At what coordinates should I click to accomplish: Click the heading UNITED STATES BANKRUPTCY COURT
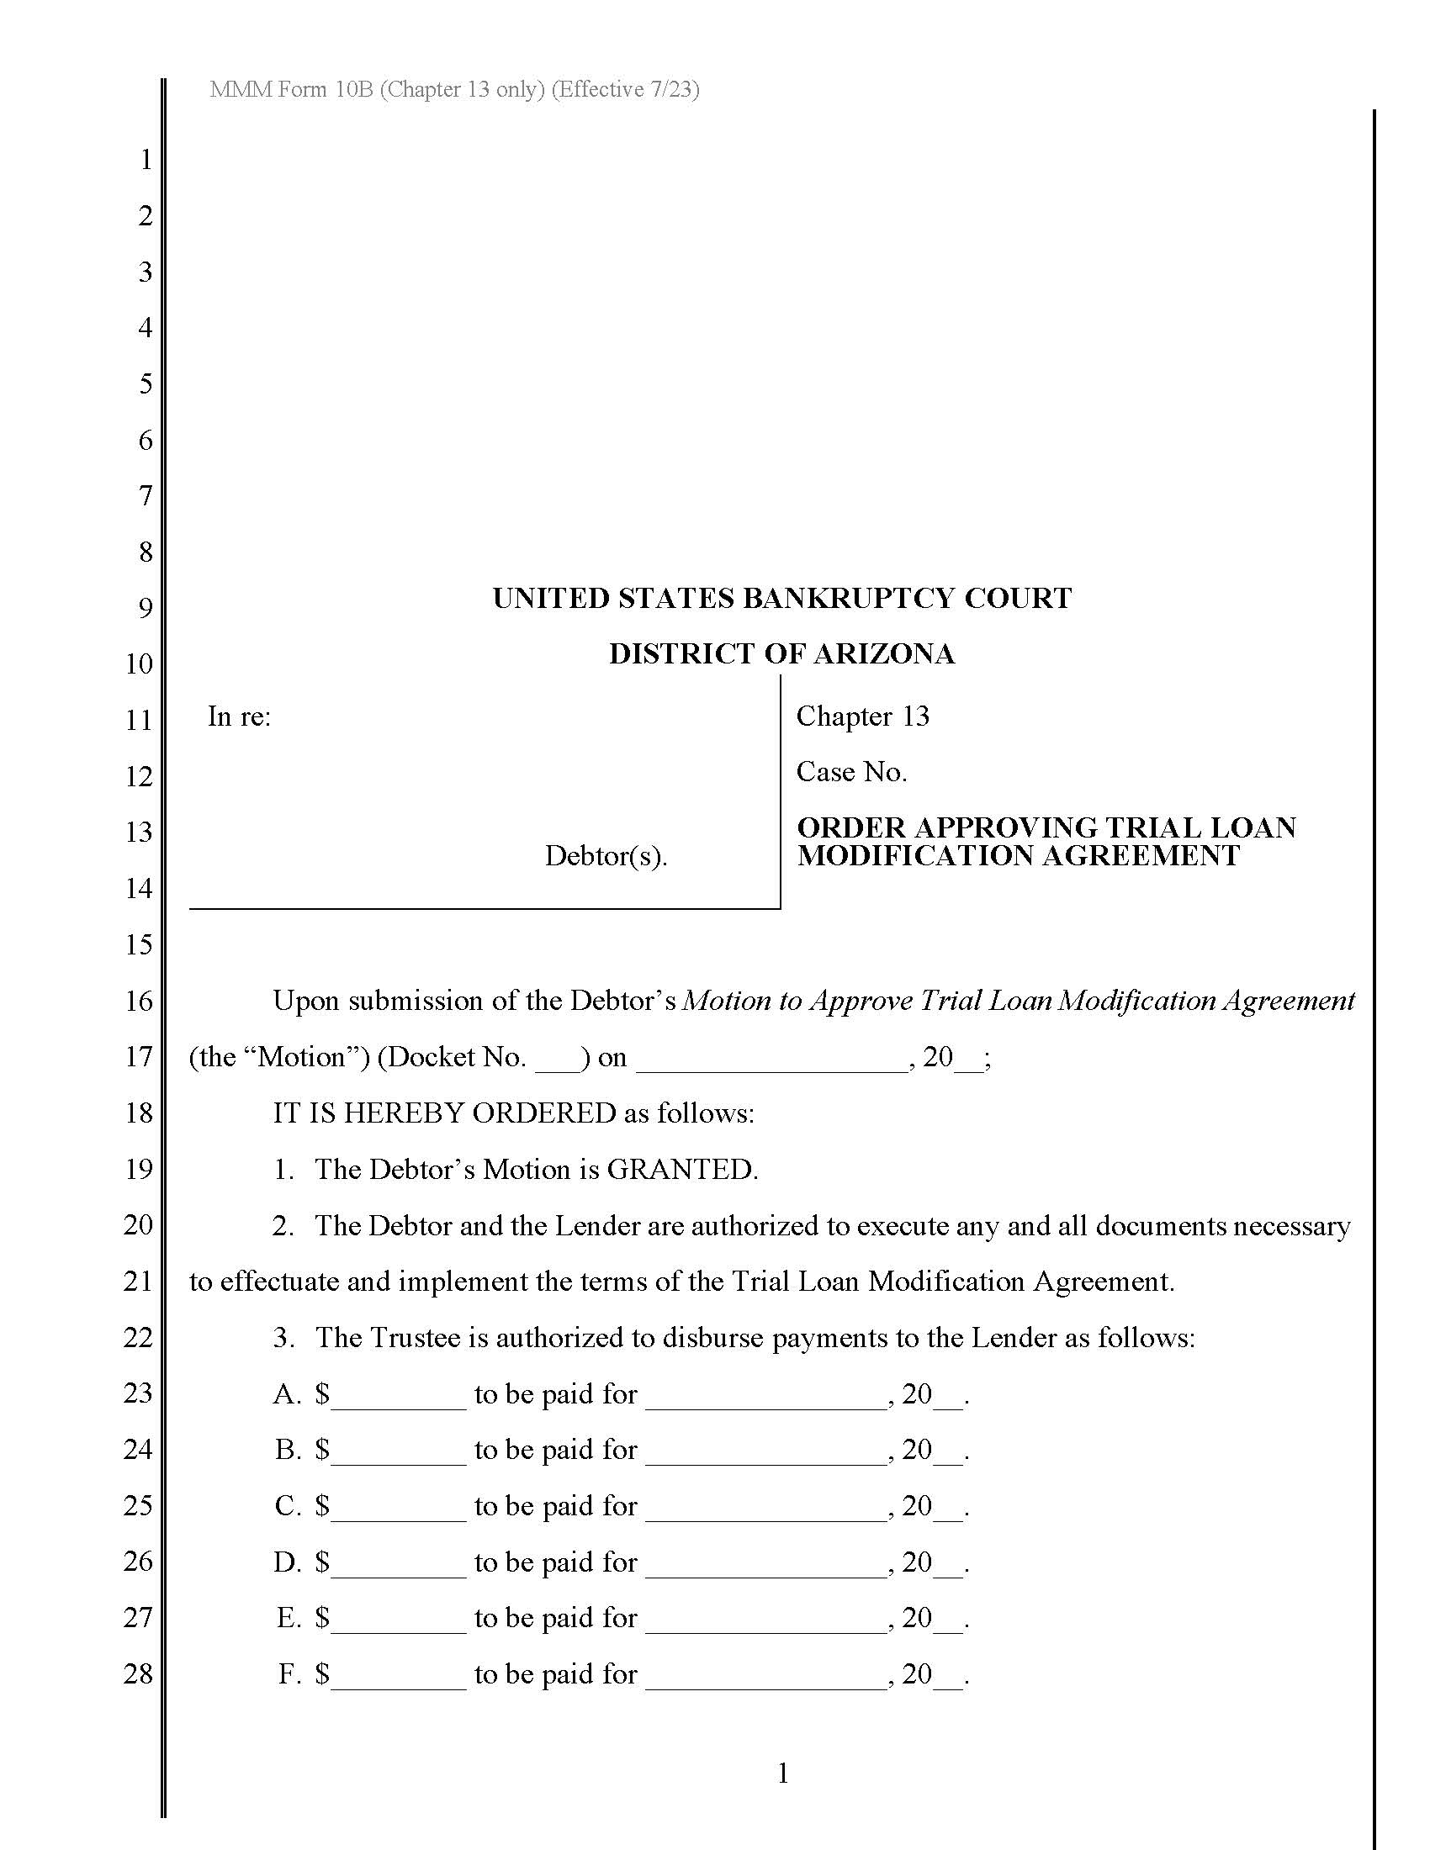coord(781,598)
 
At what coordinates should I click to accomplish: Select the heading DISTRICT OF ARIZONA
coord(781,654)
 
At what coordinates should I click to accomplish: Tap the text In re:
coord(239,716)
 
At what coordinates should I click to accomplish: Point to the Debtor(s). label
coord(605,855)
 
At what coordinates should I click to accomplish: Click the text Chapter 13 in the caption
coord(861,716)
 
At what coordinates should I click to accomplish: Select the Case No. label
coord(850,772)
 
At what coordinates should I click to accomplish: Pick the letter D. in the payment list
coord(288,1562)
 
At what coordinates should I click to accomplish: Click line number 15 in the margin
coord(138,944)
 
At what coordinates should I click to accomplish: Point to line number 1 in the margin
coord(146,159)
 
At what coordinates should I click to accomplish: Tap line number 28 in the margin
coord(138,1673)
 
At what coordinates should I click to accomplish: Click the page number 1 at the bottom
coord(783,1773)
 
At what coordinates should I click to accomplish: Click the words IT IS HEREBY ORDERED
coord(444,1113)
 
